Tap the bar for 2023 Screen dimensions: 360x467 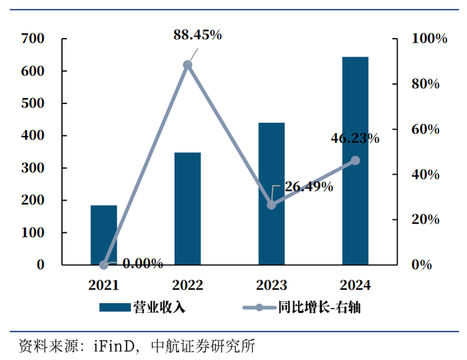coord(272,193)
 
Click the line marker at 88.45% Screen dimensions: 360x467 coord(187,65)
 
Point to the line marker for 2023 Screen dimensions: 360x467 coord(272,205)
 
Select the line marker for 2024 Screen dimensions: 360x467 coord(355,161)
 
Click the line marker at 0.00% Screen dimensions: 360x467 coord(103,265)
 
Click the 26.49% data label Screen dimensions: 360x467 coord(309,187)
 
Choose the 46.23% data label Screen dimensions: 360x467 coord(355,139)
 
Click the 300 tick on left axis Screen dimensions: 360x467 coord(33,168)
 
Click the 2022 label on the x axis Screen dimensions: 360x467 coord(187,285)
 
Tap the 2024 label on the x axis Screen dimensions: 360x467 coord(355,285)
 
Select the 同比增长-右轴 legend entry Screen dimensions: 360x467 coord(304,307)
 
